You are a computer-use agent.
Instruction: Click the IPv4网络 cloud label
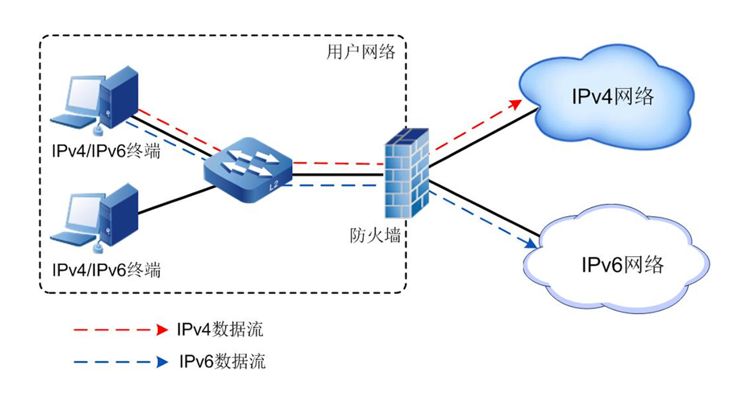coord(612,96)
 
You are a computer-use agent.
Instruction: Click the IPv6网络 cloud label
coord(622,264)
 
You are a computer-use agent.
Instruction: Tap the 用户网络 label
coord(361,53)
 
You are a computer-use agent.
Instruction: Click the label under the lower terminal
coord(107,270)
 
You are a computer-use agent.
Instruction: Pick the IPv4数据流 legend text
coord(220,329)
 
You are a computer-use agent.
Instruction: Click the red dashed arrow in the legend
coord(120,329)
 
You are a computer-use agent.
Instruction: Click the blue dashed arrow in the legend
coord(120,362)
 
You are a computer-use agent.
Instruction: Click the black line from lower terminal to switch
coord(177,200)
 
